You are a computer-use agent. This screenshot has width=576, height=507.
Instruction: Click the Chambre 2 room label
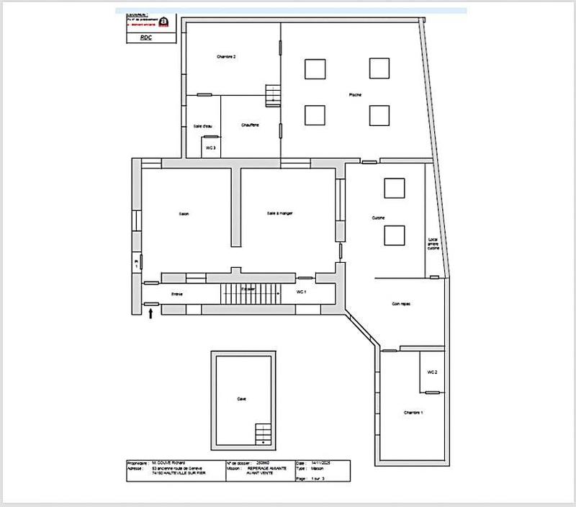(227, 57)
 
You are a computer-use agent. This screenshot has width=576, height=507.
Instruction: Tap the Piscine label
(355, 95)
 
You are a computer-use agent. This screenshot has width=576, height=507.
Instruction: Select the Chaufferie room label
(250, 125)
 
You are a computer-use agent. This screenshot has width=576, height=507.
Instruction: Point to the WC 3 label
(211, 148)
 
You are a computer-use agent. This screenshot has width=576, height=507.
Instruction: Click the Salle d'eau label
(203, 126)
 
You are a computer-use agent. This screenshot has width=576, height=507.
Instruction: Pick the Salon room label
(184, 214)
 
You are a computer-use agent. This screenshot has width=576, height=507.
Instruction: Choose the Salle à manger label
(279, 214)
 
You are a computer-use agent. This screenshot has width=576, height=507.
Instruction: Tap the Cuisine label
(378, 218)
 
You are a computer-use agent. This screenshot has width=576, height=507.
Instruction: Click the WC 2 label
(432, 372)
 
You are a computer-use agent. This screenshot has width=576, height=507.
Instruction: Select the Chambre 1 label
(413, 413)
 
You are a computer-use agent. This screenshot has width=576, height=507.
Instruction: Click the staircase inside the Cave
(264, 434)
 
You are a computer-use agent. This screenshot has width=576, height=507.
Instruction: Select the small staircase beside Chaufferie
(272, 94)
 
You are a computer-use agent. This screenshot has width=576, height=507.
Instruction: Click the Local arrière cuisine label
(433, 244)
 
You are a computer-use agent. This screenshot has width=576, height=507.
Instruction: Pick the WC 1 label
(302, 292)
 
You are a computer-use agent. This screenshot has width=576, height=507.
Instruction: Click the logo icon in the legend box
(164, 21)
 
